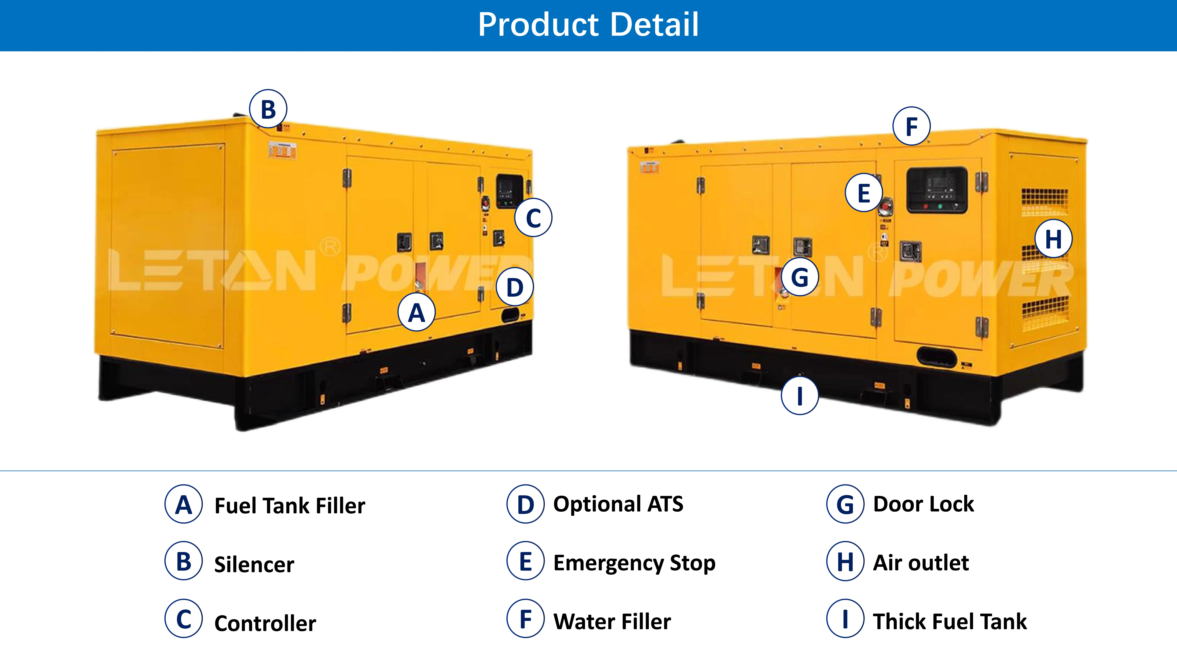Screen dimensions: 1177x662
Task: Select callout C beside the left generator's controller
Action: (533, 218)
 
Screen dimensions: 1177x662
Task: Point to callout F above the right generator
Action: (911, 126)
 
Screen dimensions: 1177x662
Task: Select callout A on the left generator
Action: (416, 312)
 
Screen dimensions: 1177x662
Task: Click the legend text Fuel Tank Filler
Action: (290, 506)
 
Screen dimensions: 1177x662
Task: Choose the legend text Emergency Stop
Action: (634, 563)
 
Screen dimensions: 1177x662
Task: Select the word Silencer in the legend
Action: (254, 565)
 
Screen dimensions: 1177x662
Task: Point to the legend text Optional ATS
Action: (618, 504)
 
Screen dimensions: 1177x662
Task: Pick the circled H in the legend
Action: (845, 561)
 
